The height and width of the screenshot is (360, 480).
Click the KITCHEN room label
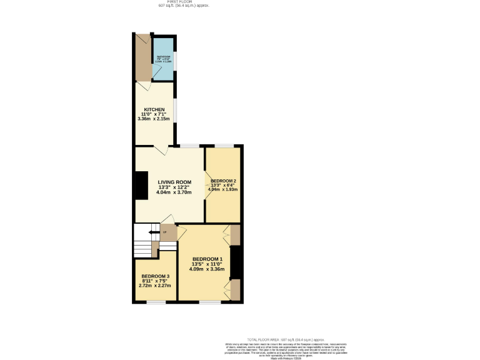tap(154, 109)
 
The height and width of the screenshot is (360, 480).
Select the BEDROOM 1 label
tap(207, 259)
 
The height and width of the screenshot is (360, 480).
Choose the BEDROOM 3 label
tap(155, 276)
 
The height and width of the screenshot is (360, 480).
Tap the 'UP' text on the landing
tap(164, 233)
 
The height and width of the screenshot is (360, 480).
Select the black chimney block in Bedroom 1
tap(235, 262)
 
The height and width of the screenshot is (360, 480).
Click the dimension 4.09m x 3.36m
tap(207, 269)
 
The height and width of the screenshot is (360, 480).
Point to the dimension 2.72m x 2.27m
tap(155, 287)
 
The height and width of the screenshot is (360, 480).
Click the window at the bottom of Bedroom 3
tap(156, 302)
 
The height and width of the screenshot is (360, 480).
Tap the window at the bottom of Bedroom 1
tap(211, 302)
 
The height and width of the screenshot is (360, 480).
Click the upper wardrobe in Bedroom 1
tap(235, 234)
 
